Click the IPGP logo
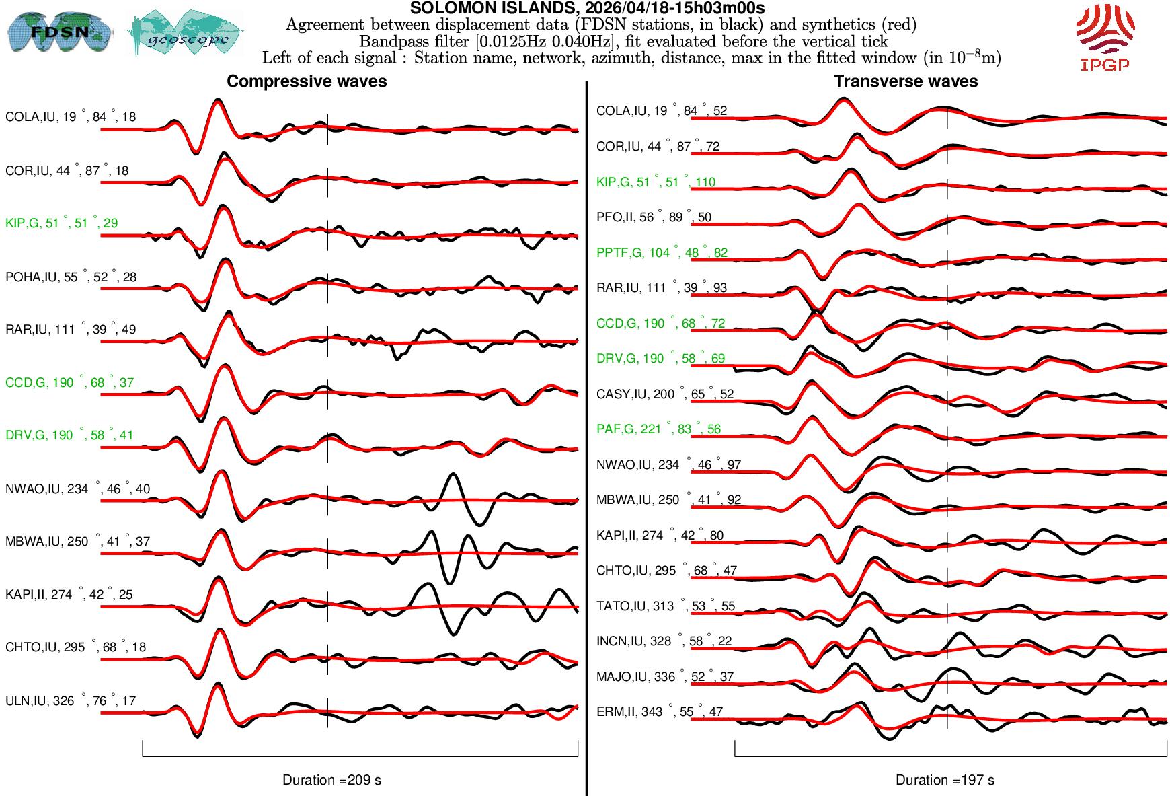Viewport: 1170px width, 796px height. [1105, 37]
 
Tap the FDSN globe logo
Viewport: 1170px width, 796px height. [59, 32]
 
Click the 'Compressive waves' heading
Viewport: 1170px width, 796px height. [307, 81]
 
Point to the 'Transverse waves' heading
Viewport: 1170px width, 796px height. [905, 81]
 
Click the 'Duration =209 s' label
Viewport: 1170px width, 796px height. [331, 780]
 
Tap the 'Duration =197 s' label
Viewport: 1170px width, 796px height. [945, 780]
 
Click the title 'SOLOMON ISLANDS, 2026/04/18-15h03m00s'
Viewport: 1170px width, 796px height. [587, 8]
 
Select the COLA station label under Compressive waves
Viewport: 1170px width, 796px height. [71, 117]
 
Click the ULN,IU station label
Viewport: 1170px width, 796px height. [71, 701]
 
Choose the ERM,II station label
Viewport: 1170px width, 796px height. [659, 712]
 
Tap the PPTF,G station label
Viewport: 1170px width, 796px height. [662, 253]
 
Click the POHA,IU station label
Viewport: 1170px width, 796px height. [71, 277]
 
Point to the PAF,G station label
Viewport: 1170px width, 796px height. [658, 429]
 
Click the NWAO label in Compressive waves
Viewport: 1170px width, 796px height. [77, 489]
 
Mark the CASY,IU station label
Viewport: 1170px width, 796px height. [664, 394]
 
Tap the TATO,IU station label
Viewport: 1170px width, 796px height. [665, 606]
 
